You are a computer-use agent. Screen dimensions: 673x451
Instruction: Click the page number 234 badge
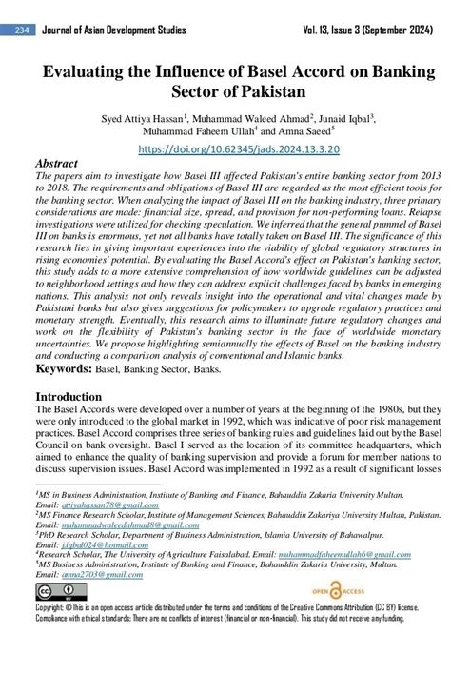[x=21, y=30]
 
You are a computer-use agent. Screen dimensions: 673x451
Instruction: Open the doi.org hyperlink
[x=225, y=150]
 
